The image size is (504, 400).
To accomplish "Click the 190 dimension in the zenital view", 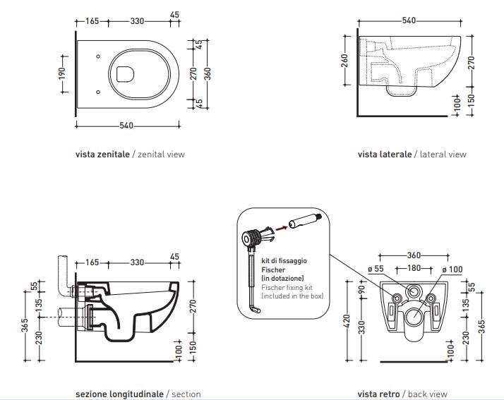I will (62, 74).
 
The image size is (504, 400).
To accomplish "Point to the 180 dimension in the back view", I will (414, 267).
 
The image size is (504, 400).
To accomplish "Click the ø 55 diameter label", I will (375, 268).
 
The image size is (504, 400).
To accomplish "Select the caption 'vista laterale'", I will (384, 154).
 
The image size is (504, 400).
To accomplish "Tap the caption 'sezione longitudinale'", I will (119, 394).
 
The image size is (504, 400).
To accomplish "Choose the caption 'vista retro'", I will (378, 394).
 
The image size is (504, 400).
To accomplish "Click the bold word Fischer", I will (272, 269).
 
